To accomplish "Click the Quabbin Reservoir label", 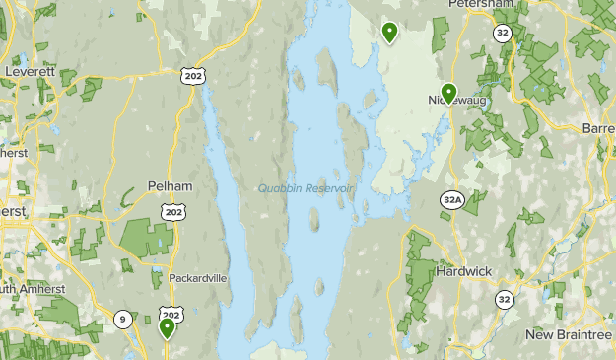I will click(x=305, y=189).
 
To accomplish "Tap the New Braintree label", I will click(x=569, y=335).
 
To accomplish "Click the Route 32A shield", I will click(x=452, y=200).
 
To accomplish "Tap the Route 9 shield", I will click(x=122, y=318).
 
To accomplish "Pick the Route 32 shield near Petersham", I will click(x=503, y=33).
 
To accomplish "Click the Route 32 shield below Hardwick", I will click(x=505, y=299).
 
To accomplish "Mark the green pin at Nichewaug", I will click(x=448, y=93).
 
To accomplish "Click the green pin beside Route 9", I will click(x=167, y=327).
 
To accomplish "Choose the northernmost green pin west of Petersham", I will click(x=390, y=33).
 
